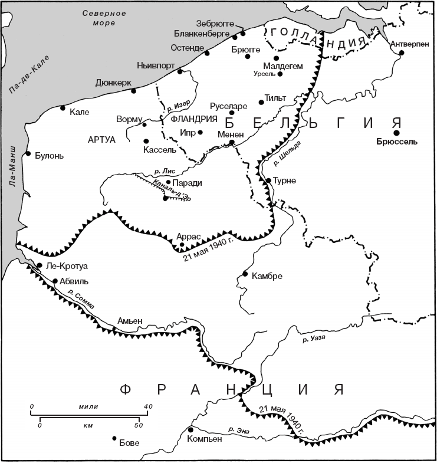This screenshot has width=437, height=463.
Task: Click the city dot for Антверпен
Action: point(402,52)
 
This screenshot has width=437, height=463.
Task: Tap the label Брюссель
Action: point(396,142)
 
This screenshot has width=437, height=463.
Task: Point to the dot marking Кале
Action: point(63,108)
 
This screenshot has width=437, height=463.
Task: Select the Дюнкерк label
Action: point(113,83)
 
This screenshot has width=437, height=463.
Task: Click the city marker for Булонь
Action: point(28,154)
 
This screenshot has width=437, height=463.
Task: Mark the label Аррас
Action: point(189,236)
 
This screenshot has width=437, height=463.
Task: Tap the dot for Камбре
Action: point(245,274)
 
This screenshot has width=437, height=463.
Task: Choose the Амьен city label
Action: point(130,320)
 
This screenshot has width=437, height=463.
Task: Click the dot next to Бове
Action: point(114,438)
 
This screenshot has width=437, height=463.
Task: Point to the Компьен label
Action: point(205,439)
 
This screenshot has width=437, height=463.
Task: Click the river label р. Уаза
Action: point(313,339)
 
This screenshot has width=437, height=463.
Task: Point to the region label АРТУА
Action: point(101,139)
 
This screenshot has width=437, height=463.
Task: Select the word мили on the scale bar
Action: point(88,406)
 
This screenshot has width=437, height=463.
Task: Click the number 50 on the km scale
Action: point(137,424)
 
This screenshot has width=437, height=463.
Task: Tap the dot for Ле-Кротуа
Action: point(40,266)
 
